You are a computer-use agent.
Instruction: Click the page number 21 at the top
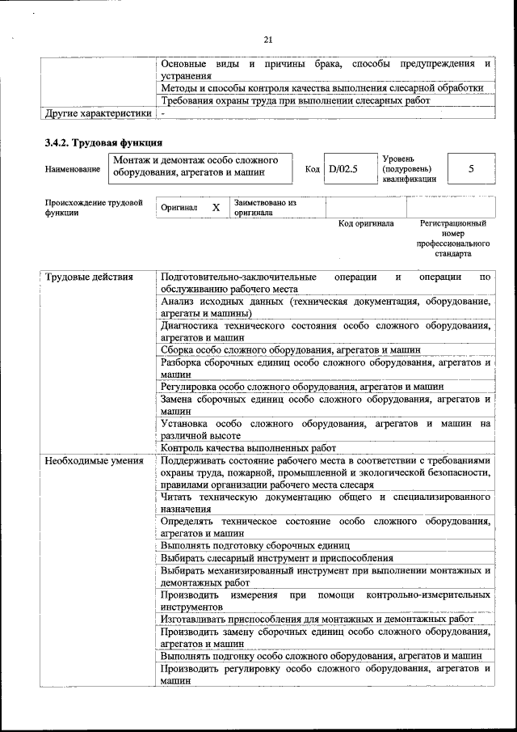[x=267, y=37]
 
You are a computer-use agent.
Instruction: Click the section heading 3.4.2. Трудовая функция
[x=98, y=143]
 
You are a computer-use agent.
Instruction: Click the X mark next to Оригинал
[x=216, y=208]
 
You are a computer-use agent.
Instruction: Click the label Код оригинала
[x=365, y=223]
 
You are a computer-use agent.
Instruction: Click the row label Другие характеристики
[x=99, y=113]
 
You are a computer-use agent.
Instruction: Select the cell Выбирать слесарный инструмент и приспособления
[x=276, y=558]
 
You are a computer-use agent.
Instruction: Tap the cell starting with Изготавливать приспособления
[x=317, y=619]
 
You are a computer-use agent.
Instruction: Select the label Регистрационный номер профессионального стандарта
[x=453, y=238]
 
